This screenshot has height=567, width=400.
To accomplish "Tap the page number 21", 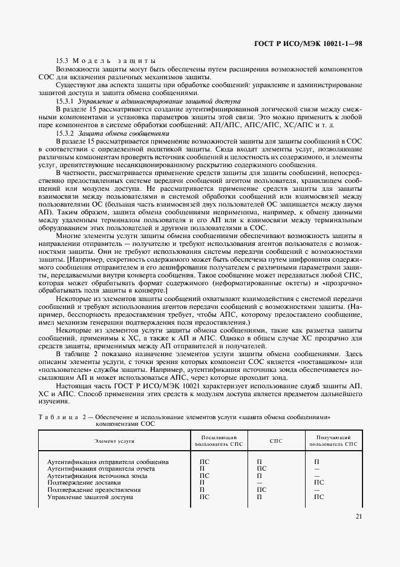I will pyautogui.click(x=358, y=516).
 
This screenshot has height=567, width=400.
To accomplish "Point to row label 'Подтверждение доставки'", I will pyautogui.click(x=79, y=483).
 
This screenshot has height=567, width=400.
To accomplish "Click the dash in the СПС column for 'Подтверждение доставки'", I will pyautogui.click(x=259, y=483).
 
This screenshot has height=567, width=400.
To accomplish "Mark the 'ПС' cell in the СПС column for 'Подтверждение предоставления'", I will pyautogui.click(x=261, y=490).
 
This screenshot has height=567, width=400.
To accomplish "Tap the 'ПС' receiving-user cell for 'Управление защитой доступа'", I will pyautogui.click(x=319, y=497).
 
